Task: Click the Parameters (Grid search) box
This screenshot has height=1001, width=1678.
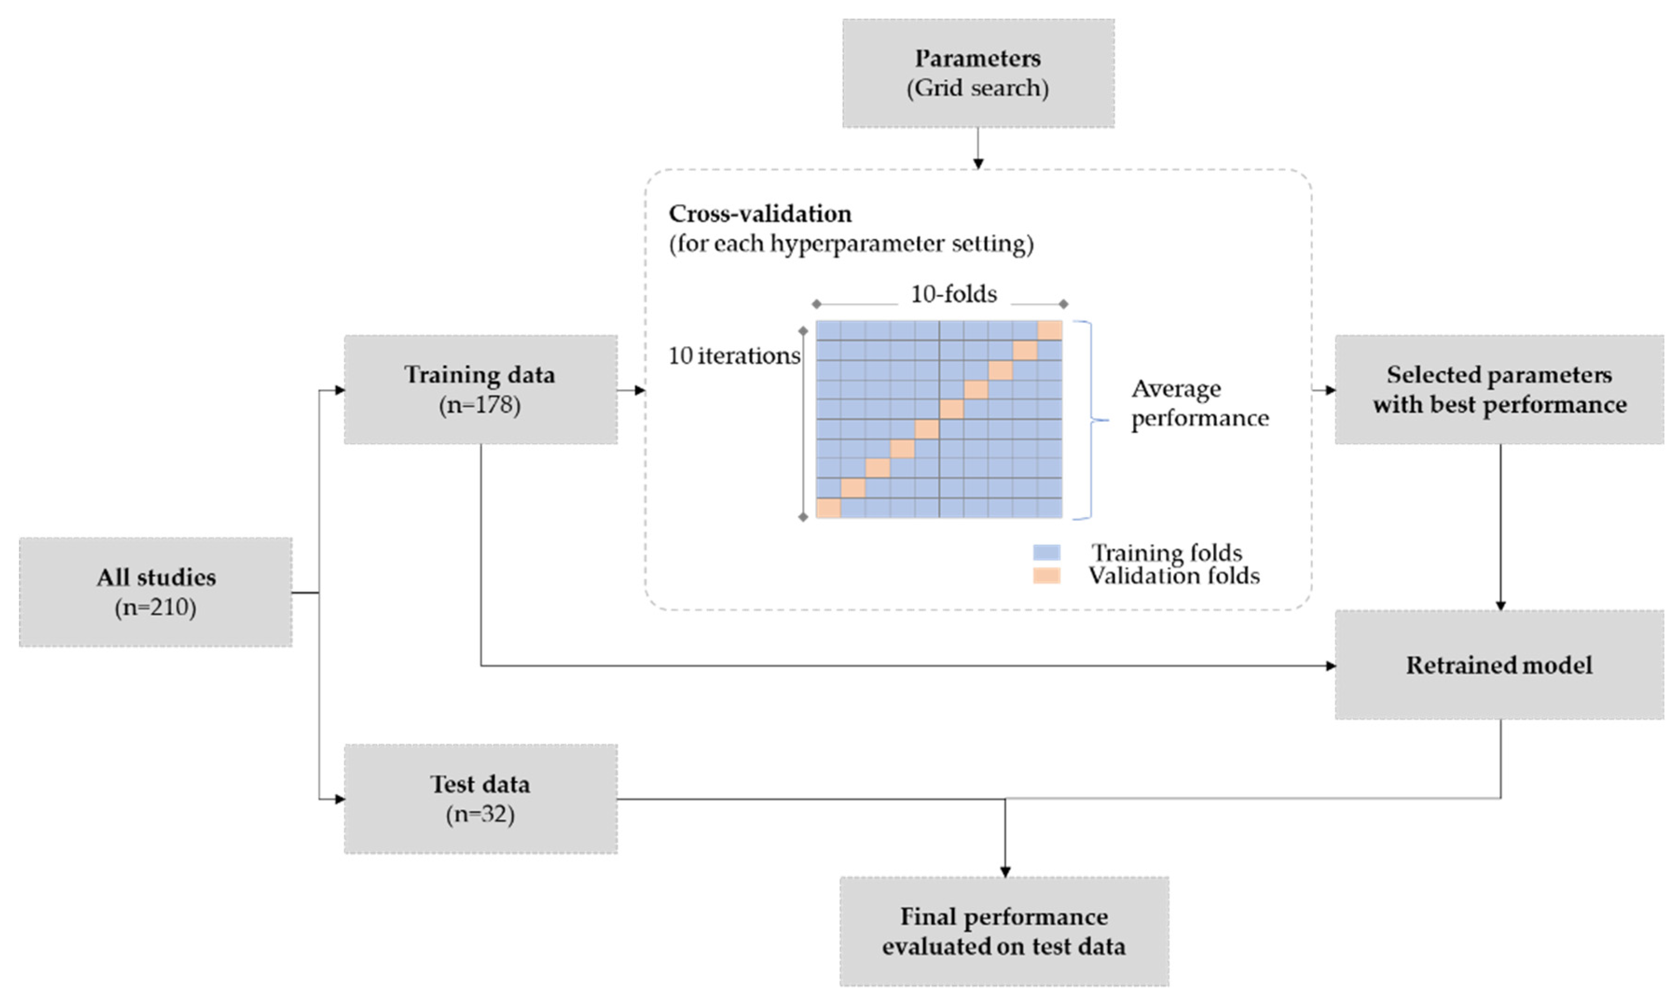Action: pos(977,73)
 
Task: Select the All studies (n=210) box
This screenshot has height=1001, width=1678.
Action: pos(155,591)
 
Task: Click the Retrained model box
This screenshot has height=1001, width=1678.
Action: pos(1499,665)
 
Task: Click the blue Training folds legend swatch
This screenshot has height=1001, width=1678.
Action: pos(1046,552)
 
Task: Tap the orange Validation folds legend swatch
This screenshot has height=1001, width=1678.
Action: pos(1046,576)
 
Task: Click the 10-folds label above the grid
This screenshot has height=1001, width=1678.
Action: pos(953,294)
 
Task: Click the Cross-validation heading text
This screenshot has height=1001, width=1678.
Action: pos(760,214)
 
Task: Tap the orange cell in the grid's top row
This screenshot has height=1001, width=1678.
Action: pos(1049,330)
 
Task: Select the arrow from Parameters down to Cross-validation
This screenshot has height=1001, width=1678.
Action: pos(977,147)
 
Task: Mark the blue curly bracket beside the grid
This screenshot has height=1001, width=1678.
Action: pos(1092,419)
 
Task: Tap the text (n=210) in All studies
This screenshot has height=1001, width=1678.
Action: pos(155,608)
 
